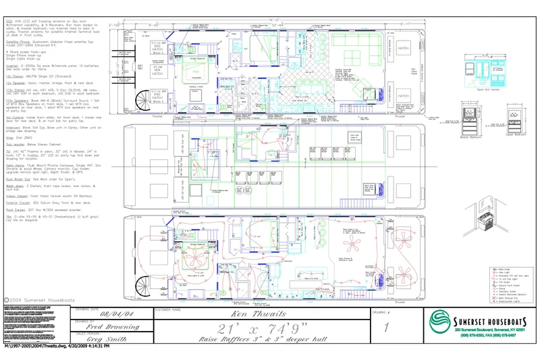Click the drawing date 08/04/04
click(x=113, y=313)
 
